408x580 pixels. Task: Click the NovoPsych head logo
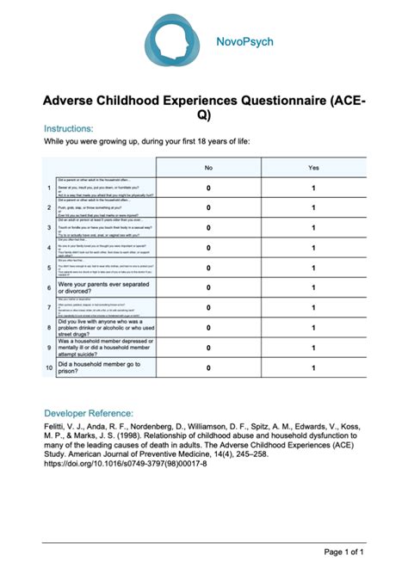click(x=176, y=42)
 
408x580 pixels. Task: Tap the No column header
click(x=208, y=167)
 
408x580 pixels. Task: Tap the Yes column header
click(x=313, y=167)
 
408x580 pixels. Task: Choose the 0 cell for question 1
click(x=208, y=188)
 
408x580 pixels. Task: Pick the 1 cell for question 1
click(x=313, y=188)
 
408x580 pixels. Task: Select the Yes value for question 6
click(x=313, y=287)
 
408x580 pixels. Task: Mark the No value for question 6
click(x=208, y=287)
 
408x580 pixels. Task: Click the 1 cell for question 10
click(x=313, y=368)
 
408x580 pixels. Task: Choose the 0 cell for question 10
click(x=208, y=368)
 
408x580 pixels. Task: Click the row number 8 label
click(x=49, y=328)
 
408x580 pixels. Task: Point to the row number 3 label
click(x=49, y=228)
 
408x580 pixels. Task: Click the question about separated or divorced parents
click(x=102, y=287)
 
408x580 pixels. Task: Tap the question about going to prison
click(x=99, y=368)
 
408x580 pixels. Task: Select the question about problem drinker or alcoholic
click(x=104, y=328)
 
